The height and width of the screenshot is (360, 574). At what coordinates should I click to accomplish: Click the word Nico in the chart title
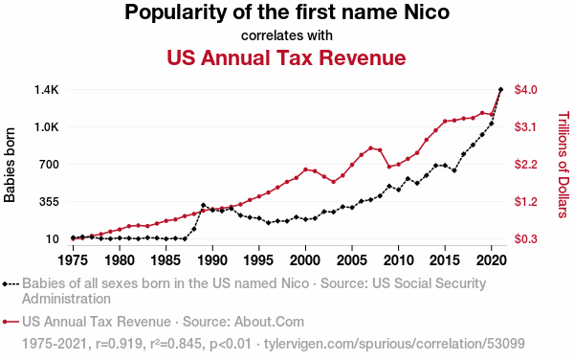click(x=427, y=12)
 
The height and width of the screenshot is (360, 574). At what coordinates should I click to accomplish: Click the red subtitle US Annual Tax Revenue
click(x=286, y=57)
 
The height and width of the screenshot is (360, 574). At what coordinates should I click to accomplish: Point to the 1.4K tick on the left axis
click(x=47, y=90)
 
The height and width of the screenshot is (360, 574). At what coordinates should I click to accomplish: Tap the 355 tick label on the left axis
click(x=47, y=202)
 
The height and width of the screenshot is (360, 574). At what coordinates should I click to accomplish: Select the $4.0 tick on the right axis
click(x=525, y=90)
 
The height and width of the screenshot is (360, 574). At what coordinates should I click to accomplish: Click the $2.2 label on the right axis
click(x=525, y=165)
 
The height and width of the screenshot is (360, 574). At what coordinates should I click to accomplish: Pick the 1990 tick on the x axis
click(x=212, y=260)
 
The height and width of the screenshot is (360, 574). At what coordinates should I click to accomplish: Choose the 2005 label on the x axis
click(x=352, y=260)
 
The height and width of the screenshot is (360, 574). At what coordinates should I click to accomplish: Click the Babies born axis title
click(x=10, y=165)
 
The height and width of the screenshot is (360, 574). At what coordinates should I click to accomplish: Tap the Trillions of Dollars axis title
click(x=563, y=165)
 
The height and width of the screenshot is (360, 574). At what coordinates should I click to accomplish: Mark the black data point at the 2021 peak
click(x=500, y=89)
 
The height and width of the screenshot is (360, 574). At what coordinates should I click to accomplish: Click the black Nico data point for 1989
click(x=203, y=205)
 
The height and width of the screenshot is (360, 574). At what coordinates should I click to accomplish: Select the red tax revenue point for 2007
click(x=370, y=148)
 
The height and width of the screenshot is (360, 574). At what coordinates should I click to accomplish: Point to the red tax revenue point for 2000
click(x=305, y=169)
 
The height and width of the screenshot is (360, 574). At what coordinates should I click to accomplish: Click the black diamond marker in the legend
click(x=5, y=283)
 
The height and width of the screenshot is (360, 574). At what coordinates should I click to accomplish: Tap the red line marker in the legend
click(x=11, y=322)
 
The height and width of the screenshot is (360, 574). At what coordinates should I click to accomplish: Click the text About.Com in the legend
click(x=269, y=322)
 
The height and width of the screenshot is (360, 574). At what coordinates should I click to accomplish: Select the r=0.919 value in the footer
click(x=119, y=344)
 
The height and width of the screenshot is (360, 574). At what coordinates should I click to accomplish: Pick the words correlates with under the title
click(x=287, y=35)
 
